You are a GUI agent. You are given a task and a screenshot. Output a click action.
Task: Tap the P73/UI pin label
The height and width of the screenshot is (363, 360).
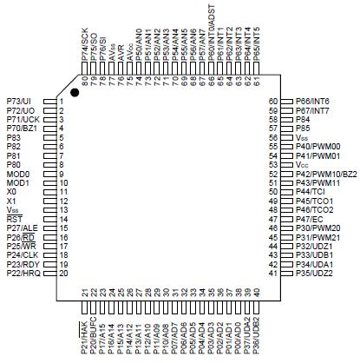pos(19,102)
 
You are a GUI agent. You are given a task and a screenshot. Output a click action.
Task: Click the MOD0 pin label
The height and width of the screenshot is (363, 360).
pos(17,175)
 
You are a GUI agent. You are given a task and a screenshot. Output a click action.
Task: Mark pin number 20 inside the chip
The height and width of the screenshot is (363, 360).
pos(62,274)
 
